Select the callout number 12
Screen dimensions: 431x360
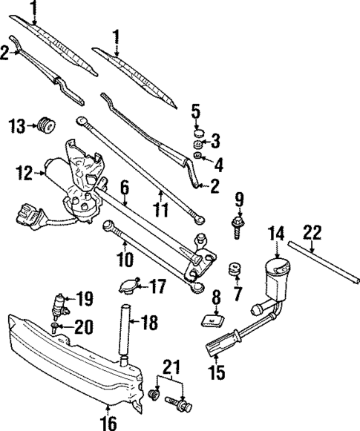click(22, 175)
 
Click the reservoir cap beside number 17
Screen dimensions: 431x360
click(130, 286)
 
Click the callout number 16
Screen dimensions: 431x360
click(108, 423)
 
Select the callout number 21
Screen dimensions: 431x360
click(171, 366)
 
